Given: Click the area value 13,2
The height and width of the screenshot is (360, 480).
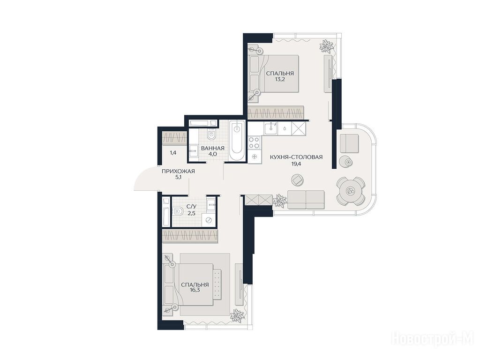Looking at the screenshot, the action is tap(280, 80).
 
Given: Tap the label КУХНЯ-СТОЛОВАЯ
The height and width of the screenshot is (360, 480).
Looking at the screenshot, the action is tap(296, 157).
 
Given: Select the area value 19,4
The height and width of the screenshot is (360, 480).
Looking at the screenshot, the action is tap(296, 164).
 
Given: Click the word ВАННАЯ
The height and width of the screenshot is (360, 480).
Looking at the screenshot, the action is tap(212, 148).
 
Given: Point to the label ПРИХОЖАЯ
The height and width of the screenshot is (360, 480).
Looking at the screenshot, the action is tap(178, 172).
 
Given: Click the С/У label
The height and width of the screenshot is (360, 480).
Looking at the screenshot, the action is tap(191, 207).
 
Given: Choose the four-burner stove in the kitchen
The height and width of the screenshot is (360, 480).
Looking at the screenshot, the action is tap(254, 142).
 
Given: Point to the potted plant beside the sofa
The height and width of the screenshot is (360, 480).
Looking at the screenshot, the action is tap(279, 201).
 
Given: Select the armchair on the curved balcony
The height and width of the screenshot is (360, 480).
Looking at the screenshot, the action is tap(349, 143).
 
